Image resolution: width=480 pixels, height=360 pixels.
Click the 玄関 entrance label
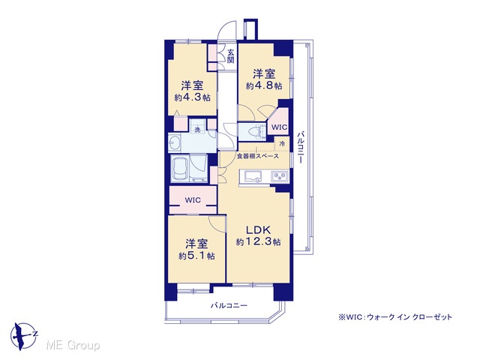pos(230,56)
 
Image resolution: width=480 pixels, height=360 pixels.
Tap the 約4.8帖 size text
pos(264,86)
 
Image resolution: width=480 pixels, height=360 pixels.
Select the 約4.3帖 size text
pos(192,97)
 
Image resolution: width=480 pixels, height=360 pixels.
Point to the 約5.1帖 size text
pos(196,256)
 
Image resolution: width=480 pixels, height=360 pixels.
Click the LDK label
pos(259,229)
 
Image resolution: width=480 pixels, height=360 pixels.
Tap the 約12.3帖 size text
pos(258,241)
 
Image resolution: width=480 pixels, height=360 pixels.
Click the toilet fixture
pos(256,132)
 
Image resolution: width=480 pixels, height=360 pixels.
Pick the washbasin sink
pos(175,142)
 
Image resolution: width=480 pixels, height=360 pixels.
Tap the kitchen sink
pos(253,177)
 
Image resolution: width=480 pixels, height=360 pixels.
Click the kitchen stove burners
pos(280,177)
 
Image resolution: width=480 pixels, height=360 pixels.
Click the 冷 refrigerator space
pos(282,143)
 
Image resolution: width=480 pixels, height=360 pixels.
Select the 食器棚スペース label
pos(258,157)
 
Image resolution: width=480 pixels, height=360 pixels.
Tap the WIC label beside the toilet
pos(280,127)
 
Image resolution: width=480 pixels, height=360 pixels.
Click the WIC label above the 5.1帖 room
pos(193,200)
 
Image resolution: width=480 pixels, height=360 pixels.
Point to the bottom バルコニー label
pos(229,305)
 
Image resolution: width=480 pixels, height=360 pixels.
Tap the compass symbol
pos(23,336)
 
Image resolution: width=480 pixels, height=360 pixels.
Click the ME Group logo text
pos(73,345)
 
